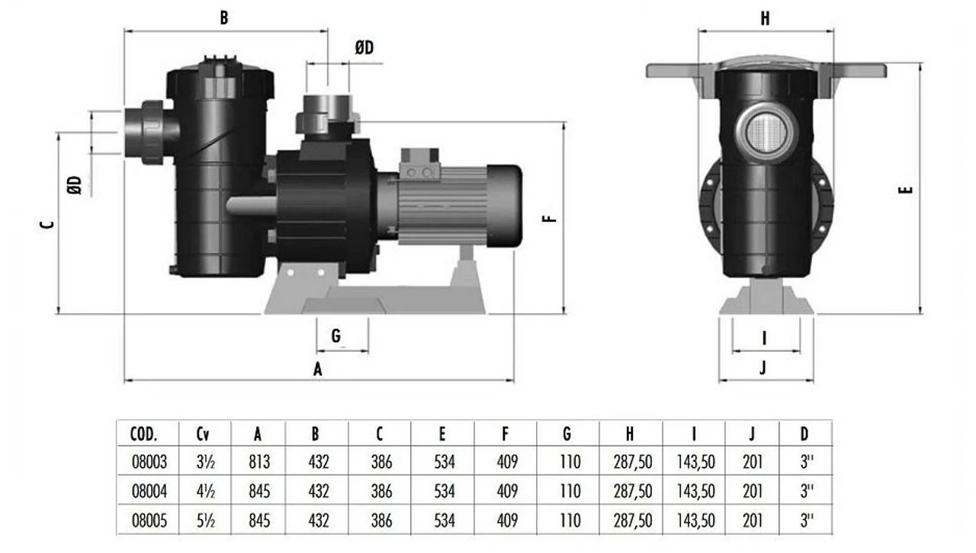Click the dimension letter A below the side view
click(x=319, y=369)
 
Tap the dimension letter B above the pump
click(x=224, y=18)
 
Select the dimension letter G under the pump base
click(x=336, y=335)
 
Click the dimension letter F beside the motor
click(x=549, y=218)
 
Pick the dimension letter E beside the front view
click(x=906, y=189)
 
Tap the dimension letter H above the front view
click(x=765, y=19)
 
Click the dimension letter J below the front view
click(x=763, y=369)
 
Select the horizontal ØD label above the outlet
click(x=364, y=48)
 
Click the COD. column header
click(x=144, y=435)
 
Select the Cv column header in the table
click(x=203, y=435)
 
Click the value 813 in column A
click(x=259, y=462)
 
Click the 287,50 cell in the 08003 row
click(x=632, y=462)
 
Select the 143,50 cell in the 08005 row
click(x=695, y=520)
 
